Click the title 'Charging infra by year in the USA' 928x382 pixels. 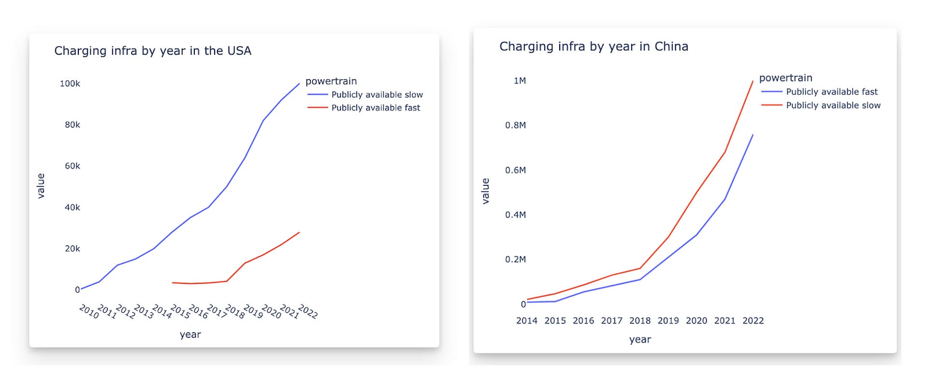coord(153,51)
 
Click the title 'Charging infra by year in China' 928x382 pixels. coord(594,46)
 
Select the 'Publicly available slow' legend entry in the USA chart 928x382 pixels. coord(377,95)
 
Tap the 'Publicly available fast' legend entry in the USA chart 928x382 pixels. coord(376,108)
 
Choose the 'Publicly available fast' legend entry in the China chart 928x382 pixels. coord(831,92)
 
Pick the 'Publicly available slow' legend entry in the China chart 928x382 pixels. coord(833,105)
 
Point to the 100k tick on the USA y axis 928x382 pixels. coord(70,84)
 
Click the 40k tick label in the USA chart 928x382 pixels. coord(72,207)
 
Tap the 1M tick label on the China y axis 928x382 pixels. coord(520,81)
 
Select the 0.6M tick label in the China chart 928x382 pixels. coord(515,170)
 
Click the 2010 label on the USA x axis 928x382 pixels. coord(89,311)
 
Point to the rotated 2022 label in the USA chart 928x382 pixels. coord(308,311)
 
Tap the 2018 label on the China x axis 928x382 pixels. coord(640,321)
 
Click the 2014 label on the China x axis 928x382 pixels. coord(527,321)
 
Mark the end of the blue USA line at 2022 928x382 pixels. coord(299,84)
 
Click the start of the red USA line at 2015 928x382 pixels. coord(173,282)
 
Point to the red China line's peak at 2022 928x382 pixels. coord(753,81)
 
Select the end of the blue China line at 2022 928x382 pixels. coord(753,135)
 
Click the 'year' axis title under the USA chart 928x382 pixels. coord(190,335)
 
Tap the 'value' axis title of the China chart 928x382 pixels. coord(485,191)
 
